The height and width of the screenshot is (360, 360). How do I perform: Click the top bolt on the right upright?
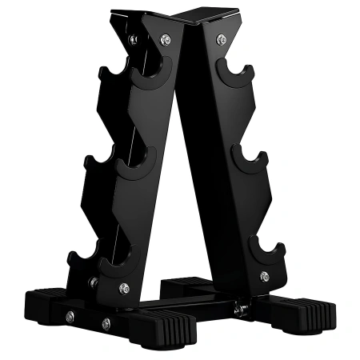tap(220, 38)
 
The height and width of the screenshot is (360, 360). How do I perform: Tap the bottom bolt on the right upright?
tap(264, 276)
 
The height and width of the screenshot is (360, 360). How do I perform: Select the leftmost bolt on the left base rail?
tap(70, 317)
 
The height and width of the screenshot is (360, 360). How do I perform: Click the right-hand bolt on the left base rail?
tap(106, 323)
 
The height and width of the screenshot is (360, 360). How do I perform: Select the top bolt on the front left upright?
tap(164, 38)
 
